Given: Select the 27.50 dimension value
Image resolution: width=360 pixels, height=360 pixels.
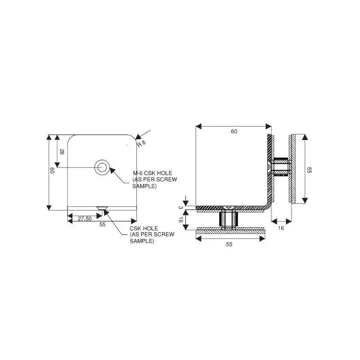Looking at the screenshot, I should point(85,218).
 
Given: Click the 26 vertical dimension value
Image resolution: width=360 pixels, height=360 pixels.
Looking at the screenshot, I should point(62,152).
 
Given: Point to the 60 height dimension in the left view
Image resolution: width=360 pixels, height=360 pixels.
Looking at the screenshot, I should point(52,171).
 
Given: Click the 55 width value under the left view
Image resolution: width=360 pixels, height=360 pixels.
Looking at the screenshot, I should point(102,225).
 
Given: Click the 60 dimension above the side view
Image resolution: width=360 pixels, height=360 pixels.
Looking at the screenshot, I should point(234,131).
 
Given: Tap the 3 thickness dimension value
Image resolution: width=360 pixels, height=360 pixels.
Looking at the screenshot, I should point(180,207).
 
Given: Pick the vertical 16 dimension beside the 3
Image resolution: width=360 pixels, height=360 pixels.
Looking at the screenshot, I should point(180,220).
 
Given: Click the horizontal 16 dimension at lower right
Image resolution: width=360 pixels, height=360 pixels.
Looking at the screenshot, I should point(281,228).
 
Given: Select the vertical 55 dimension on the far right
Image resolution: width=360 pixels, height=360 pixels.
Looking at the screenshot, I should point(309,170).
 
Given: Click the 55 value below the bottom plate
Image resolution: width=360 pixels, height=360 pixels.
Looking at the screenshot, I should point(229,244).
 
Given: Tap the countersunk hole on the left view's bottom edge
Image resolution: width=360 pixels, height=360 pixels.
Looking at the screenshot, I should point(102,208).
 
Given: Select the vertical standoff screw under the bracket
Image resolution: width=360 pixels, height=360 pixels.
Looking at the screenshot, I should point(227,220).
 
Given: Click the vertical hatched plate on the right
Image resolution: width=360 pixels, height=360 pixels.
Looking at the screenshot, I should point(292,169).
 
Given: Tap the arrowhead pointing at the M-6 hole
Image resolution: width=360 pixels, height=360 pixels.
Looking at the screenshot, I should point(113,171).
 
